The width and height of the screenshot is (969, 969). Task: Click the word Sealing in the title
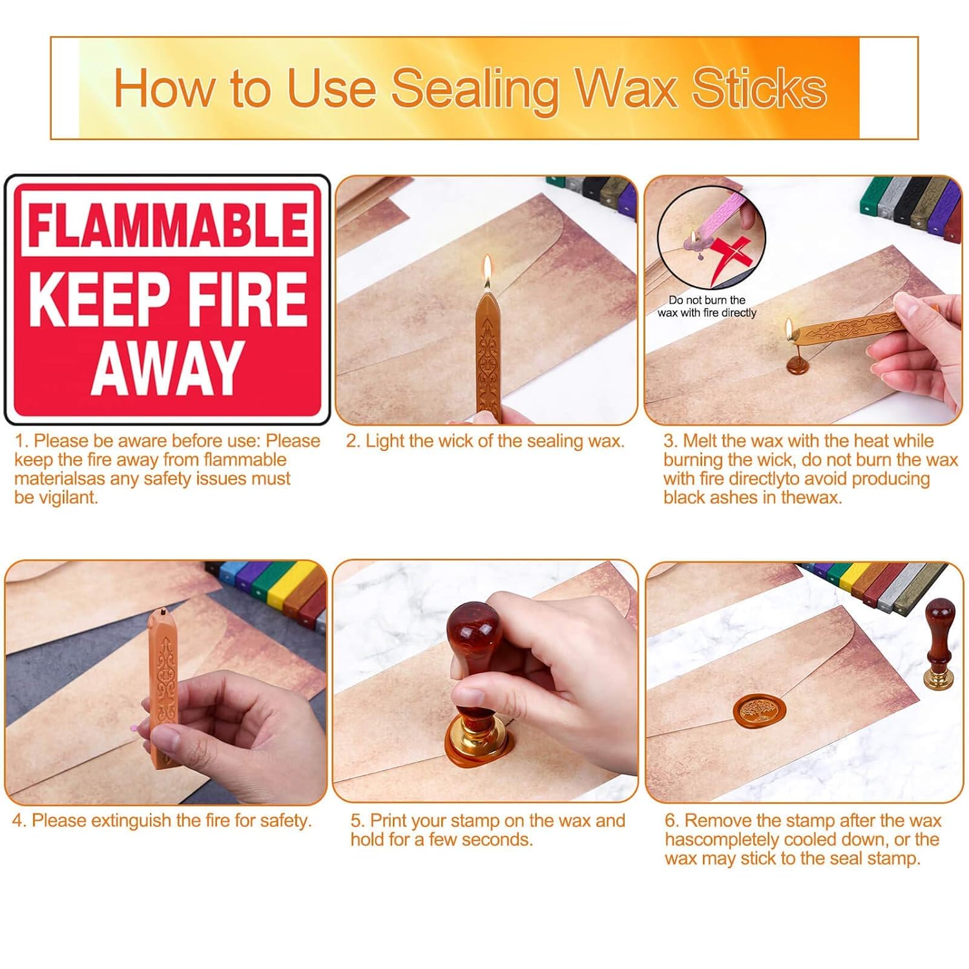(475, 89)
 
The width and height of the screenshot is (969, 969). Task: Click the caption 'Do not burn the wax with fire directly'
(707, 306)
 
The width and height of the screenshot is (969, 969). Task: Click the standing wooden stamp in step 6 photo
(939, 644)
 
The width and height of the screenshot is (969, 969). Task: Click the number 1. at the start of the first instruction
(21, 441)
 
